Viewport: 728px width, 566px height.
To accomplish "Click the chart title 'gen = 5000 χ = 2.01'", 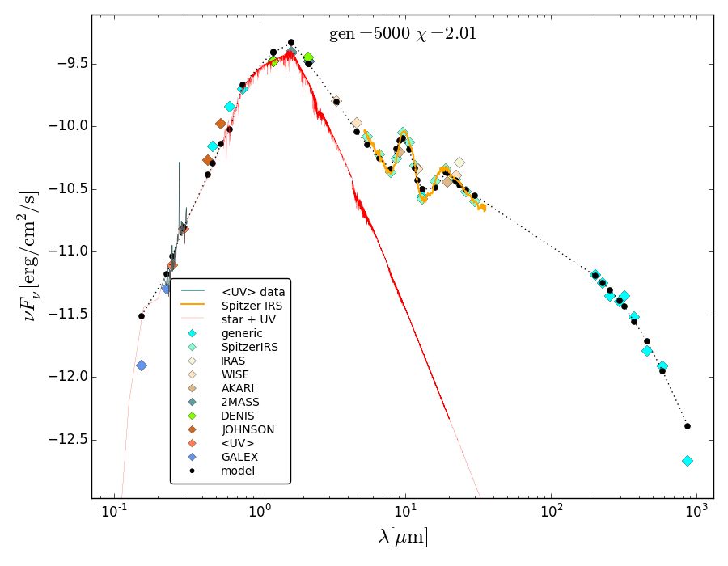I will (x=402, y=34).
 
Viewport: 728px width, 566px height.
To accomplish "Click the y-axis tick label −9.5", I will (x=68, y=64).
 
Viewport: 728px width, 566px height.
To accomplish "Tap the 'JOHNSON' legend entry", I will (x=248, y=429).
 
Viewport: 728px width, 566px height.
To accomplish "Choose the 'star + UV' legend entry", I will (x=248, y=319).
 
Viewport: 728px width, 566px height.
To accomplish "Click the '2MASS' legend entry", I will (x=241, y=402).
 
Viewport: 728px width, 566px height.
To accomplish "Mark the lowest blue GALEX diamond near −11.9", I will (x=142, y=365).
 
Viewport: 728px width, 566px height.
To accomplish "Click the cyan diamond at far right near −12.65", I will (x=688, y=461).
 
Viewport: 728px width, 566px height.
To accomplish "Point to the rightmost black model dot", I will (x=688, y=426).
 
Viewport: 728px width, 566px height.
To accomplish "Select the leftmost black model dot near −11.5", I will (x=142, y=316).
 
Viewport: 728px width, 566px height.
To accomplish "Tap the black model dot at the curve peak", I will (x=291, y=42).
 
